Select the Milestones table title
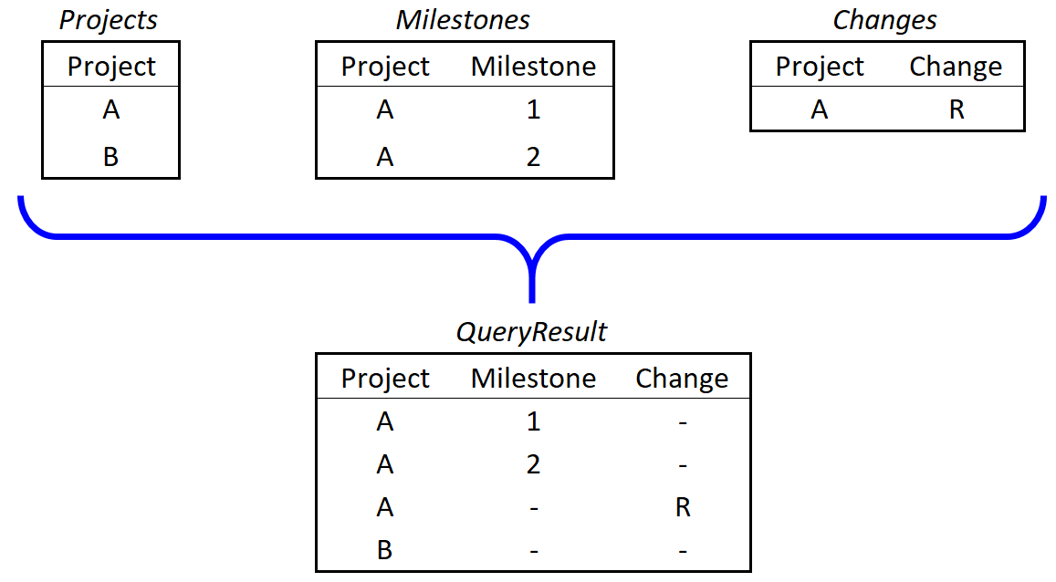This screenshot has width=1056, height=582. pyautogui.click(x=463, y=20)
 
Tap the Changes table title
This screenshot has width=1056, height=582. pyautogui.click(x=884, y=20)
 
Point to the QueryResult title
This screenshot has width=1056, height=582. pyautogui.click(x=531, y=332)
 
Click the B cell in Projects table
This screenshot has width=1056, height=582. pyautogui.click(x=111, y=157)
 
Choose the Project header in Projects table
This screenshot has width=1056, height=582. pyautogui.click(x=111, y=67)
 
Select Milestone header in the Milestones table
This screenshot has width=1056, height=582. pyautogui.click(x=533, y=67)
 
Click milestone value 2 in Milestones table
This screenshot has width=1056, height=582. pyautogui.click(x=533, y=157)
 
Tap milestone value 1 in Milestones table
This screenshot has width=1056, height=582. pyautogui.click(x=533, y=110)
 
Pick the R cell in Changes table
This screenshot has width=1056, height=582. pyautogui.click(x=956, y=110)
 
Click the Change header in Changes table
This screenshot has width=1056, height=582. pyautogui.click(x=956, y=67)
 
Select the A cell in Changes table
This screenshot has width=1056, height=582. pyautogui.click(x=820, y=110)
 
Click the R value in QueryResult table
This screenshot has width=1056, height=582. pyautogui.click(x=682, y=507)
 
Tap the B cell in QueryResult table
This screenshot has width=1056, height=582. pyautogui.click(x=385, y=550)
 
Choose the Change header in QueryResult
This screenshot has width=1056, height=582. pyautogui.click(x=682, y=379)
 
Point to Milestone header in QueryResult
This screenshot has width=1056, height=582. pyautogui.click(x=533, y=379)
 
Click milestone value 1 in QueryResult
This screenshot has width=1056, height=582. pyautogui.click(x=533, y=421)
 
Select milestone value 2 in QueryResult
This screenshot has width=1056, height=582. pyautogui.click(x=533, y=464)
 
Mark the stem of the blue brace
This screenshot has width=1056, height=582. pyautogui.click(x=531, y=278)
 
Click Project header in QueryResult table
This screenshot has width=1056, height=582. pyautogui.click(x=385, y=379)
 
